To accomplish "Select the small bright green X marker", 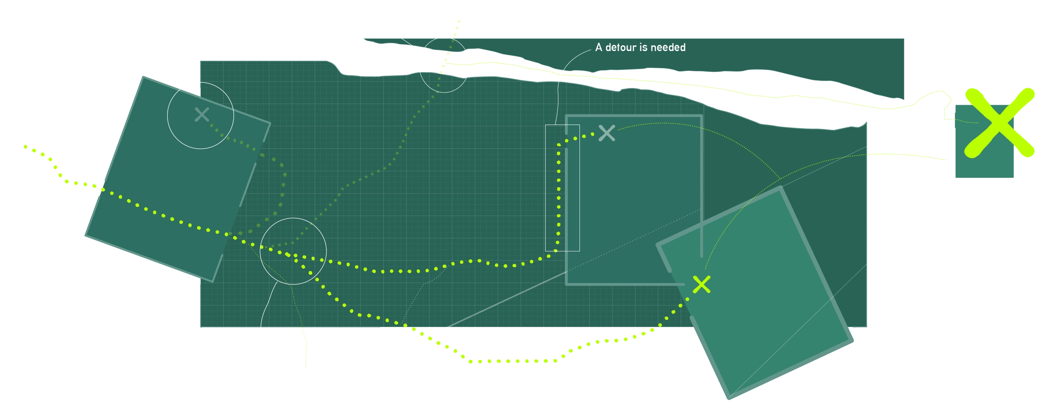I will (701, 284).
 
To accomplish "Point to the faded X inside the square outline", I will (607, 133).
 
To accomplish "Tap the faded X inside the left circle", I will (202, 115).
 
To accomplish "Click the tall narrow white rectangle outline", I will (562, 188).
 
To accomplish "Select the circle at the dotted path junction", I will (293, 251).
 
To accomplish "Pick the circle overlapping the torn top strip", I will (444, 65).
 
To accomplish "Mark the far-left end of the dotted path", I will (26, 147).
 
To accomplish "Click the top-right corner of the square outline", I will (701, 116).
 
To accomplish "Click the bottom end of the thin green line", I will (304, 368).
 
